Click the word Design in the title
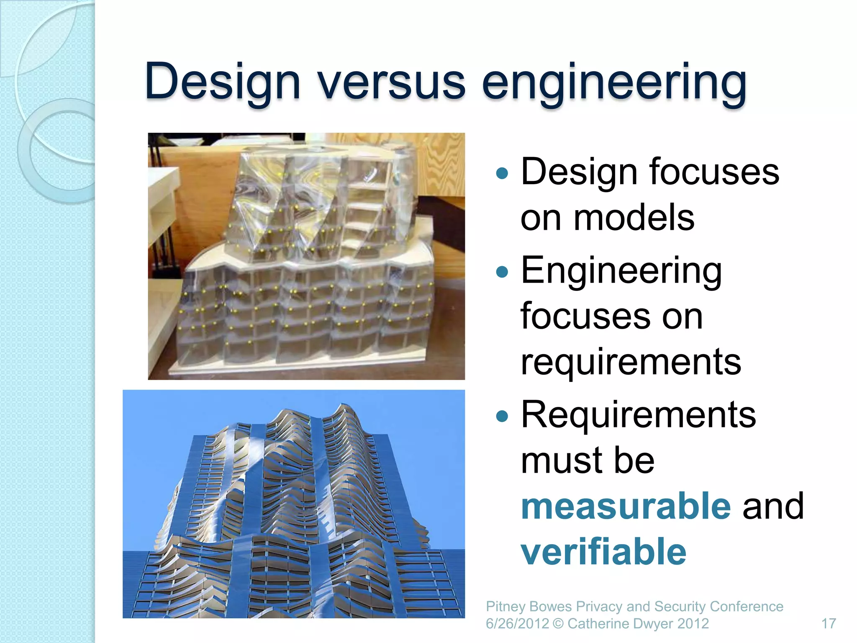[x=222, y=82]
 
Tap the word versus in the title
[x=391, y=82]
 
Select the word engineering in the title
[x=614, y=82]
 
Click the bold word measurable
[x=626, y=506]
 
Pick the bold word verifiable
[x=603, y=551]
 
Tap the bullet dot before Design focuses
[x=502, y=173]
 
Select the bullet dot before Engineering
[x=502, y=272]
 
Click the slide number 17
[x=828, y=624]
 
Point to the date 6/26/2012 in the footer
[x=517, y=624]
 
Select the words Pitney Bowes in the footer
[x=529, y=607]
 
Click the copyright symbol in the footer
[x=558, y=624]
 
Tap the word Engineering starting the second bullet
[x=621, y=271]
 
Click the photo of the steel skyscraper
[x=293, y=504]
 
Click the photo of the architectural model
[x=306, y=256]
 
